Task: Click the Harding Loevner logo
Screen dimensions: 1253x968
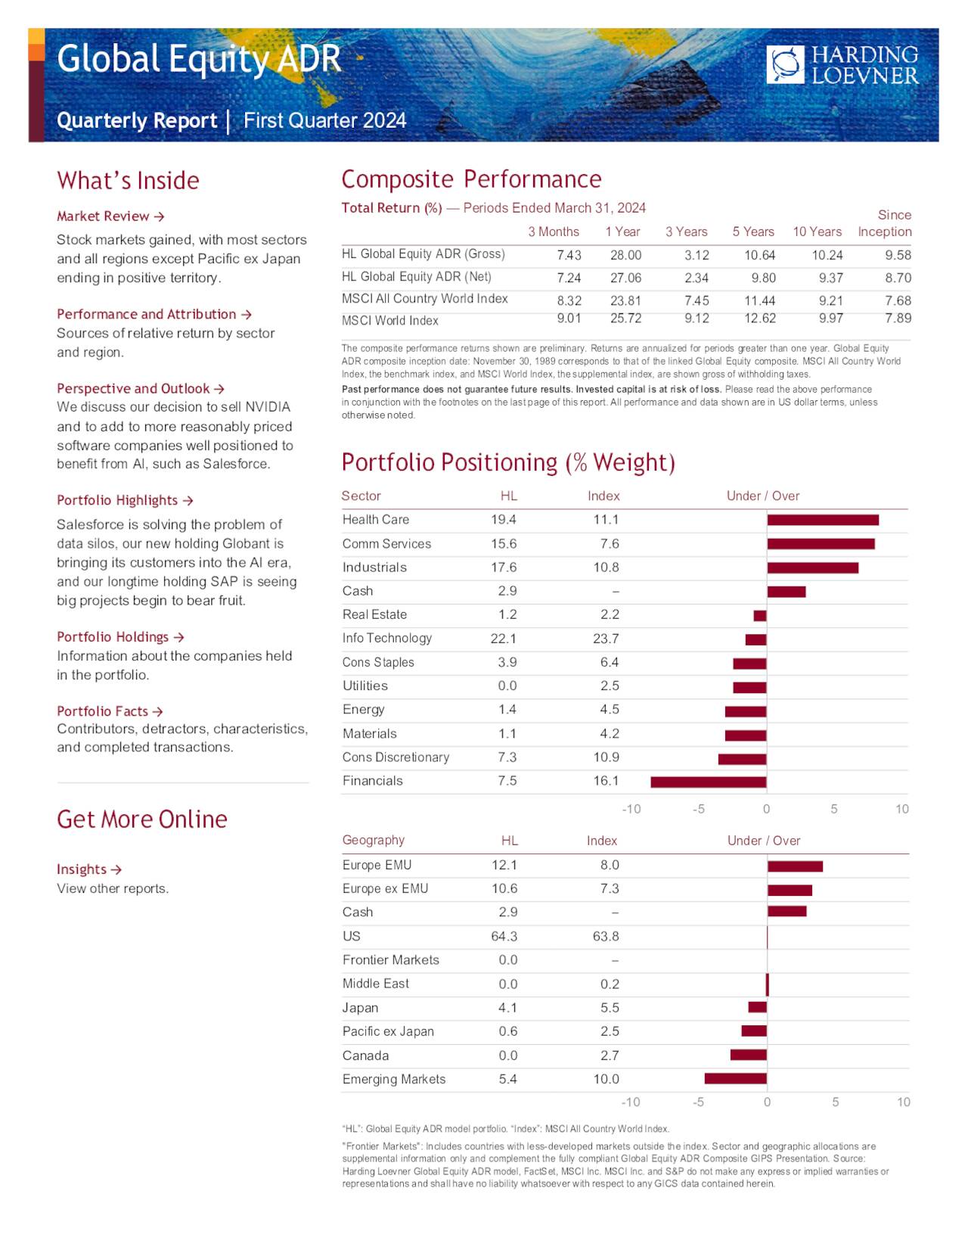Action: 842,64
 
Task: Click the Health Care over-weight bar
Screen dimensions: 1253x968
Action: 823,520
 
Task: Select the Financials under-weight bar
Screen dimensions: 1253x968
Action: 709,782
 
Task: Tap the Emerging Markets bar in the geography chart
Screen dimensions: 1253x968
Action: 736,1078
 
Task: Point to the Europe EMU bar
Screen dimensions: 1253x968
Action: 795,866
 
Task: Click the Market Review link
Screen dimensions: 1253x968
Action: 110,216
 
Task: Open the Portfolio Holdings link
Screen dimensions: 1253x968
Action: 120,637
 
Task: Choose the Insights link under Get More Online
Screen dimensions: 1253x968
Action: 89,869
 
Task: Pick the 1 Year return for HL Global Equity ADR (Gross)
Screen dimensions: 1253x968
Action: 625,255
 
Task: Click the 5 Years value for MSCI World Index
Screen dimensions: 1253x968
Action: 759,319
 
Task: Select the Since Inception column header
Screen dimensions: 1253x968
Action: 885,224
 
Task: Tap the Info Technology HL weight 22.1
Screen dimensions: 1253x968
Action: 504,639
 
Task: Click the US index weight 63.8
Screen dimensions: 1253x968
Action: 606,936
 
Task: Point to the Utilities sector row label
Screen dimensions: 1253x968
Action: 365,686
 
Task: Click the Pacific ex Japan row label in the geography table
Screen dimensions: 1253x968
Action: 388,1031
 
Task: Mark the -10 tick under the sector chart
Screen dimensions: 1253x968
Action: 631,809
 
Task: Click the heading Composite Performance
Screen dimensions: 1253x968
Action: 471,179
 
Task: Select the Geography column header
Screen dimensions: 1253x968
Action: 374,840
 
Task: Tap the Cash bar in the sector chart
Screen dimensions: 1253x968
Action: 786,592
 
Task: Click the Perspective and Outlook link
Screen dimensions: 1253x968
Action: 141,389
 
